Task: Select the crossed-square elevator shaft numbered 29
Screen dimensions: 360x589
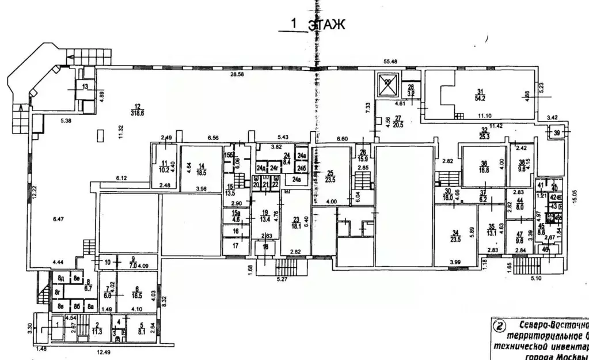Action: click(x=387, y=84)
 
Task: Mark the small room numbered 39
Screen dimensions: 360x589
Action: click(x=556, y=133)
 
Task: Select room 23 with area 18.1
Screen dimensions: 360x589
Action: click(x=296, y=222)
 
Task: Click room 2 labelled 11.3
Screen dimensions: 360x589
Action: click(x=98, y=328)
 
